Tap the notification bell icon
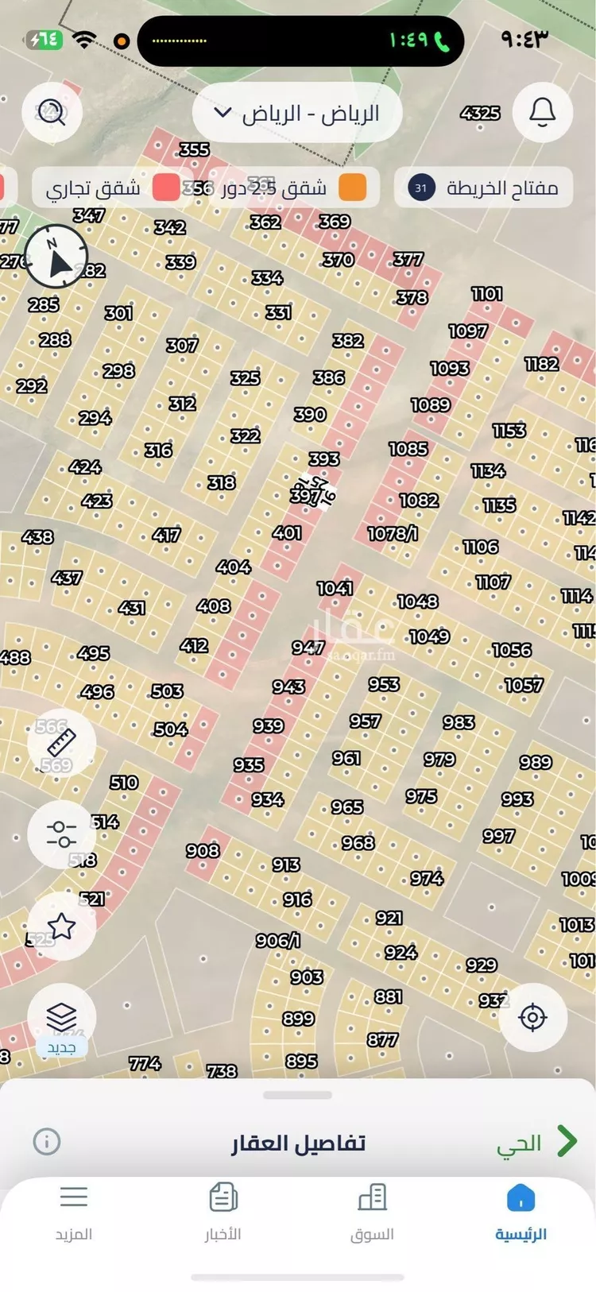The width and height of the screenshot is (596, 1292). tap(543, 112)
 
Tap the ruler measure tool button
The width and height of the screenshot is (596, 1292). tap(62, 744)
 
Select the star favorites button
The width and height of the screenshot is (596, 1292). tap(62, 926)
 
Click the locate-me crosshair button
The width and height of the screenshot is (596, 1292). tap(532, 1017)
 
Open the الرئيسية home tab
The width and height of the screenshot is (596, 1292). tap(521, 1210)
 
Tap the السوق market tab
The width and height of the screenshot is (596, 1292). tap(372, 1210)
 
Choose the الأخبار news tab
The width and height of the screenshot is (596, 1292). tap(223, 1210)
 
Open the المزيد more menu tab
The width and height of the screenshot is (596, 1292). tap(74, 1210)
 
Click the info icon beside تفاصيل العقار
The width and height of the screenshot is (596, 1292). tap(47, 1142)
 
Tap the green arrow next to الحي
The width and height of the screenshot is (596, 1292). tap(567, 1141)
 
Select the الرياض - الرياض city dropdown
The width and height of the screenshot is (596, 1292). tap(297, 114)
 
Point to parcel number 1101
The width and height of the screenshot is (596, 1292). tap(486, 294)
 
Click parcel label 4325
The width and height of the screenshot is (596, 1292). tap(480, 113)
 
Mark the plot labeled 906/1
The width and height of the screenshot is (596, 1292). tap(277, 941)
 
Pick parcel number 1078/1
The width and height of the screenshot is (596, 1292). tap(393, 534)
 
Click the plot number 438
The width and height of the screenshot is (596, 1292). tap(37, 537)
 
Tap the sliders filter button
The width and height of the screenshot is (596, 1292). tap(62, 834)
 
